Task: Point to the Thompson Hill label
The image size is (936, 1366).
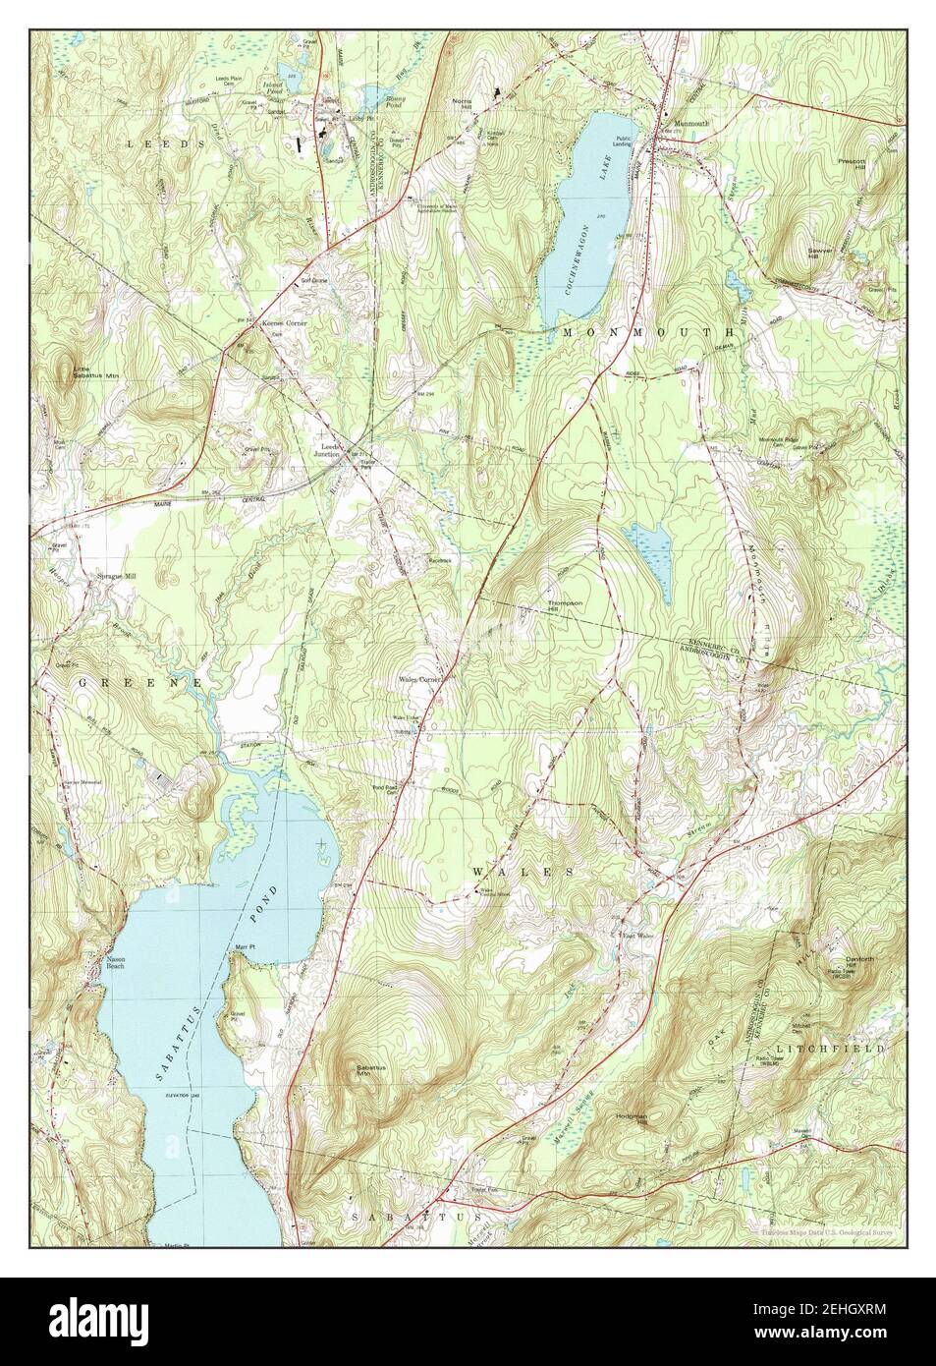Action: tap(566, 606)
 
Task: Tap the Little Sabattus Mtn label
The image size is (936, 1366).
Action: tap(95, 373)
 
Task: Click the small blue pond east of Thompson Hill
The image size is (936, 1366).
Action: tap(649, 560)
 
